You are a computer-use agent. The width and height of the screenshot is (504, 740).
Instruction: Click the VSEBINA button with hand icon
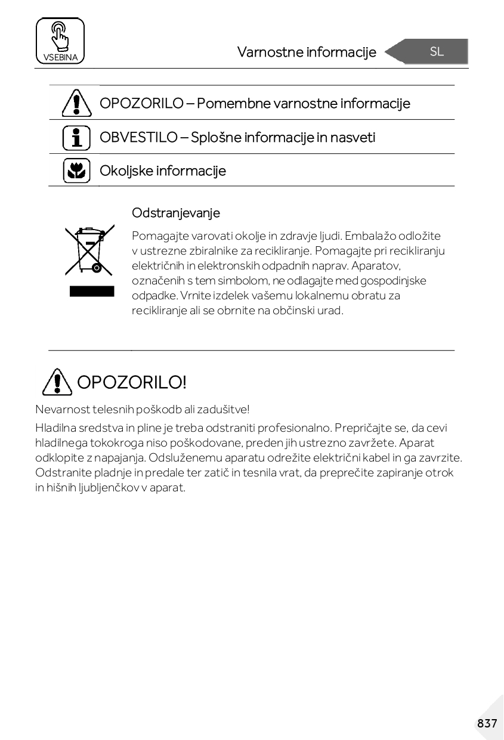(x=60, y=41)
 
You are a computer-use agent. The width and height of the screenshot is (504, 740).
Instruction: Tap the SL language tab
(x=436, y=52)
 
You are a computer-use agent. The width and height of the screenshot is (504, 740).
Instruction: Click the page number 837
(x=487, y=723)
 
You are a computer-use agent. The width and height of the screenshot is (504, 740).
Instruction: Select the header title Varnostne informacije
(x=307, y=52)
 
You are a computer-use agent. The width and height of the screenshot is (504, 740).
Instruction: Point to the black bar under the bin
(x=91, y=291)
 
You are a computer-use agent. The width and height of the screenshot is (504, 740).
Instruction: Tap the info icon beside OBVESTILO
(x=76, y=137)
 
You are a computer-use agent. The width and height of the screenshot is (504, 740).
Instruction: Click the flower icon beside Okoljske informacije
(x=76, y=171)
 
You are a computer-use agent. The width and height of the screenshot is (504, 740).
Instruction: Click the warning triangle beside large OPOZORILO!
(x=55, y=382)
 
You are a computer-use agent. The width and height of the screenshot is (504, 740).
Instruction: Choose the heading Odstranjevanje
(x=176, y=213)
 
